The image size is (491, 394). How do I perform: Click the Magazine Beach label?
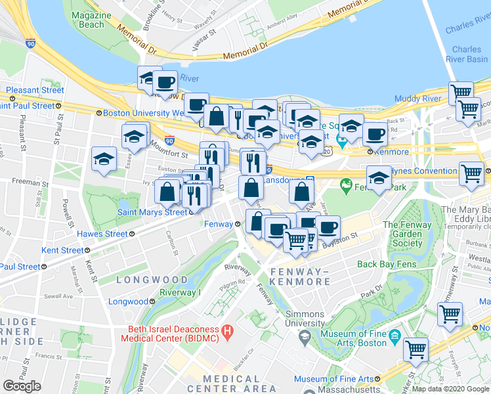click(x=88, y=20)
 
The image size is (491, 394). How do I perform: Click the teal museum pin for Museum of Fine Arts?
click(x=395, y=337)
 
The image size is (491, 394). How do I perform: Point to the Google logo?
click(x=22, y=386)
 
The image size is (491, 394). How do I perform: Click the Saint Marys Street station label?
click(x=151, y=212)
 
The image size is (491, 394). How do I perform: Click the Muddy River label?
click(x=417, y=98)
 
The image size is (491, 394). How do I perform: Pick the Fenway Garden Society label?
click(x=407, y=234)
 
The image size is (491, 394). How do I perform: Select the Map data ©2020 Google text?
click(x=450, y=389)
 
